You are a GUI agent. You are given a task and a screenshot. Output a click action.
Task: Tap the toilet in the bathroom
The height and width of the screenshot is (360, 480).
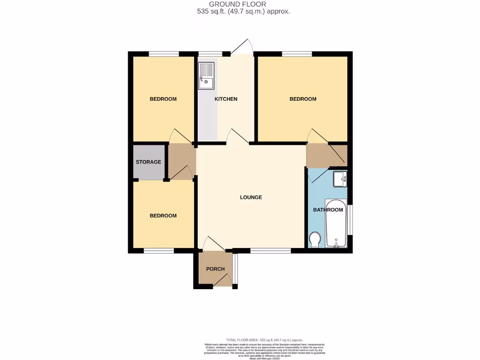315,240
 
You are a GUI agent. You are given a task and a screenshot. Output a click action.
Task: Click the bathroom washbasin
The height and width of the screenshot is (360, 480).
340,179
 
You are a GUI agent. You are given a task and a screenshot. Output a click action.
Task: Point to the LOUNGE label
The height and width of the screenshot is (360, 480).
251,197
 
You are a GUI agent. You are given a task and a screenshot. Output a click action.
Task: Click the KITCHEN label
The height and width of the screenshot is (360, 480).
226,99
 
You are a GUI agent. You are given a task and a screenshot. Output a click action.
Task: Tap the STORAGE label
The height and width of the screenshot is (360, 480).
148,162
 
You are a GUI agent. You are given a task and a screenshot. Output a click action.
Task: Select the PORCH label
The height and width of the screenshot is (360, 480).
215,269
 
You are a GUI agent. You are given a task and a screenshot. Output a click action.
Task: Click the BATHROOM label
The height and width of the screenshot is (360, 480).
325,210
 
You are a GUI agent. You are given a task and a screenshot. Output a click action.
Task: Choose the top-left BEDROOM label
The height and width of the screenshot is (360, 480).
163,99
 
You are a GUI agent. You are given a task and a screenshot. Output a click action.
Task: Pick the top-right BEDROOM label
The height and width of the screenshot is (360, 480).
303,99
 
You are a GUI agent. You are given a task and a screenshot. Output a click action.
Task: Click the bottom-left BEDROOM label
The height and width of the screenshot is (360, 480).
163,216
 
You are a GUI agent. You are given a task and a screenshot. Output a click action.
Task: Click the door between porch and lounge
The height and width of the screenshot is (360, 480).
214,243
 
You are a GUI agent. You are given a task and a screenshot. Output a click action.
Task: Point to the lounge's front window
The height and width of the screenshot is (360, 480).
270,251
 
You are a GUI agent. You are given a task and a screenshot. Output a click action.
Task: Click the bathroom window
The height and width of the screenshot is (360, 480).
350,219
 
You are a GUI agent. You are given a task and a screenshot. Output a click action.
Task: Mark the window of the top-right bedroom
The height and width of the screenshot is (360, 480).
297,54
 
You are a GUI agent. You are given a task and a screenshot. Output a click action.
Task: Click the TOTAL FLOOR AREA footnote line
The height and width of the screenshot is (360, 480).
264,340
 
